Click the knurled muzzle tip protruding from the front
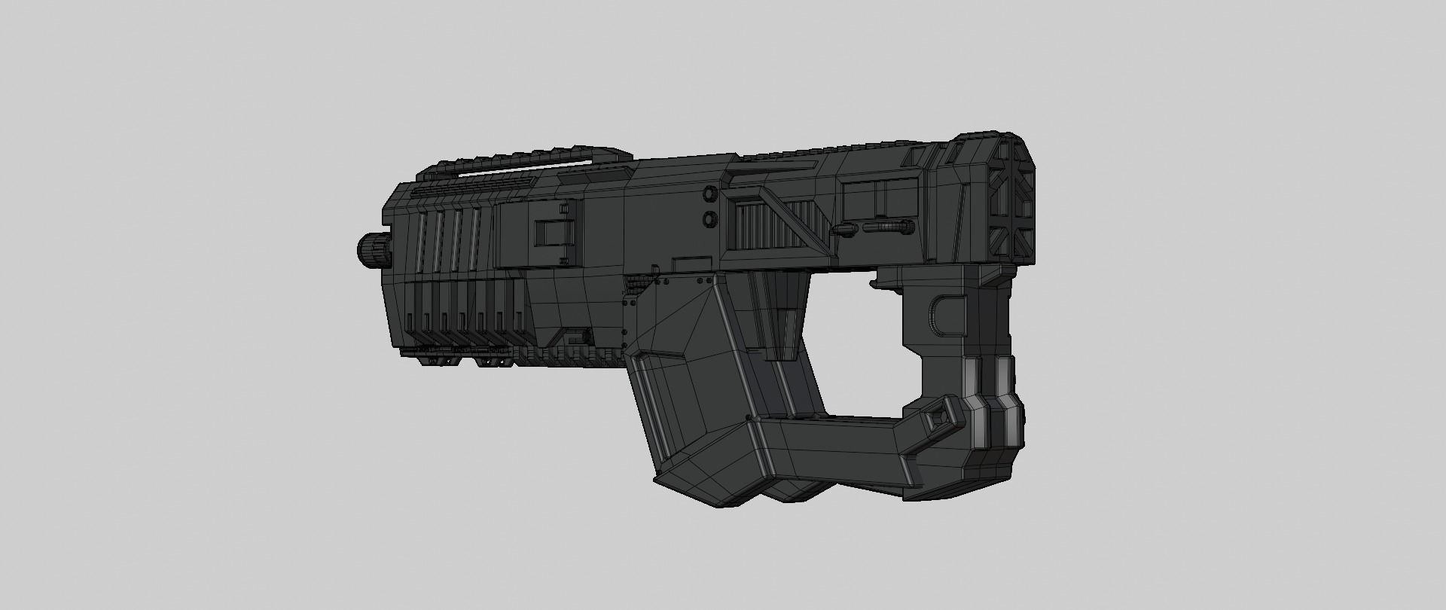[371, 249]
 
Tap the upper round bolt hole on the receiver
[709, 194]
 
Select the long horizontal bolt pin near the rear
[889, 227]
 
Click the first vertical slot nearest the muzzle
[420, 241]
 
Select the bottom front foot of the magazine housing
[700, 490]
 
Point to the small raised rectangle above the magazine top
[691, 262]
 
